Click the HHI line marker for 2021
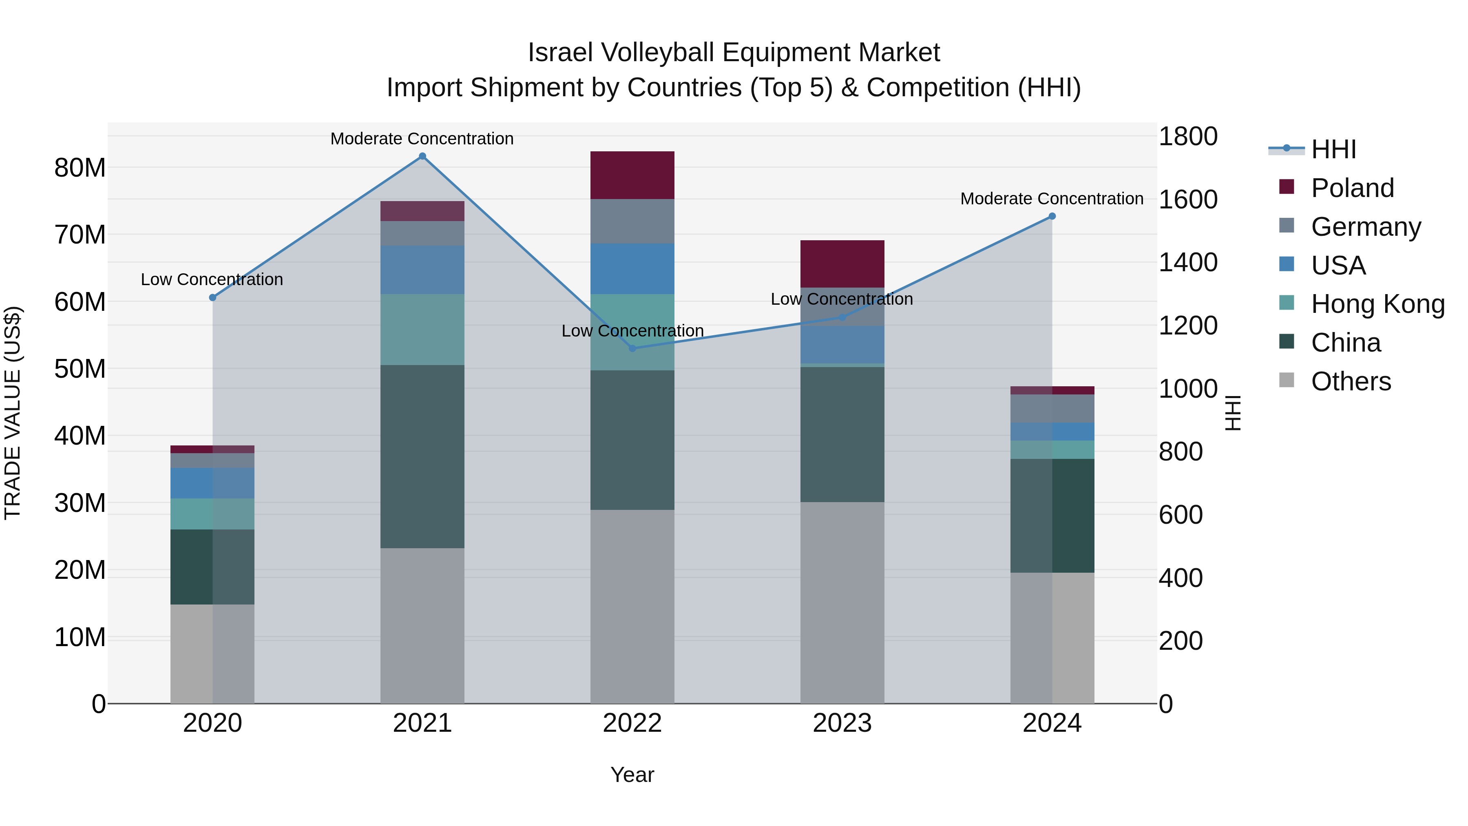click(422, 156)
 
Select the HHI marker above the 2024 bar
click(1052, 216)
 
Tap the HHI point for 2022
click(632, 348)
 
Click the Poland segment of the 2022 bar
click(632, 175)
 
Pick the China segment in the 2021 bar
click(422, 456)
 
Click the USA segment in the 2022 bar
click(632, 269)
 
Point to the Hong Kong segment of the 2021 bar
click(422, 330)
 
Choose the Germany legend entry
click(1365, 227)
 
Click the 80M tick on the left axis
click(80, 168)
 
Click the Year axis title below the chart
click(632, 775)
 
